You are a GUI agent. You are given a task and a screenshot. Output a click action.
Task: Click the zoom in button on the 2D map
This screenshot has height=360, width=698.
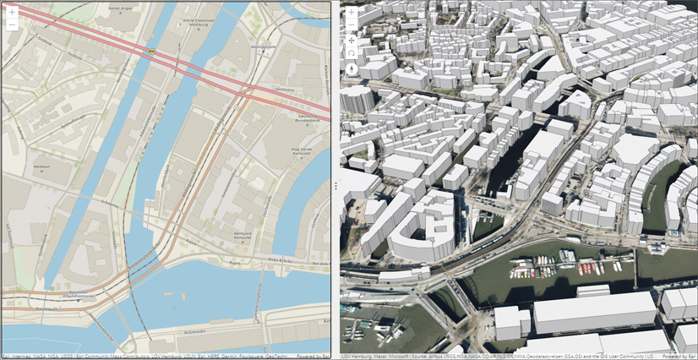click(12, 13)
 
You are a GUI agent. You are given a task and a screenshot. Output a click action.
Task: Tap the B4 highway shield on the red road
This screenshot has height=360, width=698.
click(152, 51)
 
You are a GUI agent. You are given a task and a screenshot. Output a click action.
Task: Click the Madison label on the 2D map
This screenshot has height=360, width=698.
click(42, 166)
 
